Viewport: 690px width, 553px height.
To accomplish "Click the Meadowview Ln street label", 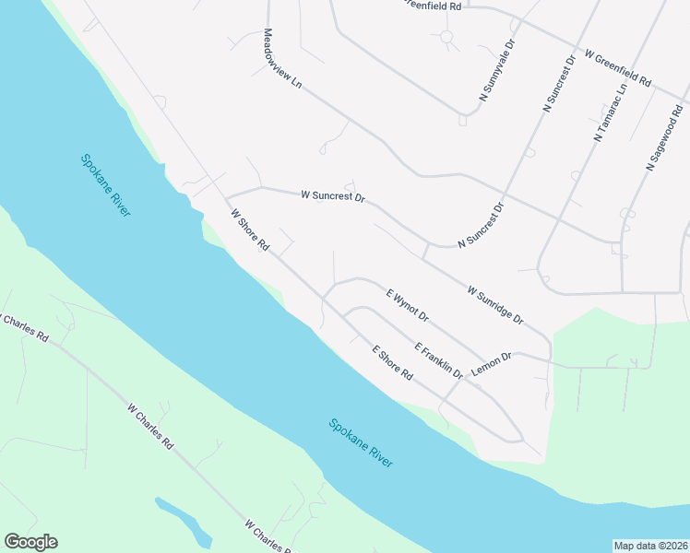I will pos(283,58).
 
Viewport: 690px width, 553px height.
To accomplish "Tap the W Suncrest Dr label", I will pos(333,196).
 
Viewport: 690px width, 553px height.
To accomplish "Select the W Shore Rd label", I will pos(249,231).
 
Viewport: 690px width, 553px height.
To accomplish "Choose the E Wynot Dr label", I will pos(407,305).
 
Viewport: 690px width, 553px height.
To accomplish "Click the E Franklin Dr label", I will pos(438,359).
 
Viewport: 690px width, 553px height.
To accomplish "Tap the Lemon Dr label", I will pos(491,362).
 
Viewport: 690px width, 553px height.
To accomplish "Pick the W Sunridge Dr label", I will pos(495,305).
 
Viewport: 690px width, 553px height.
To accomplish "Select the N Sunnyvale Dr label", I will pos(496,70).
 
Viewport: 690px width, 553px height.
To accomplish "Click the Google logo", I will pos(30,542).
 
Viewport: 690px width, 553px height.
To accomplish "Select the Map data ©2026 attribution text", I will pos(650,546).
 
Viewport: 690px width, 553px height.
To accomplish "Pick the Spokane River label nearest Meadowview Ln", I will pos(105,184).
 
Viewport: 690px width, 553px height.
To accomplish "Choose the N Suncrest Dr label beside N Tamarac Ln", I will pos(559,84).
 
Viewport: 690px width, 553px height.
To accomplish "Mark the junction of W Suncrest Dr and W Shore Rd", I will pos(227,197).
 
